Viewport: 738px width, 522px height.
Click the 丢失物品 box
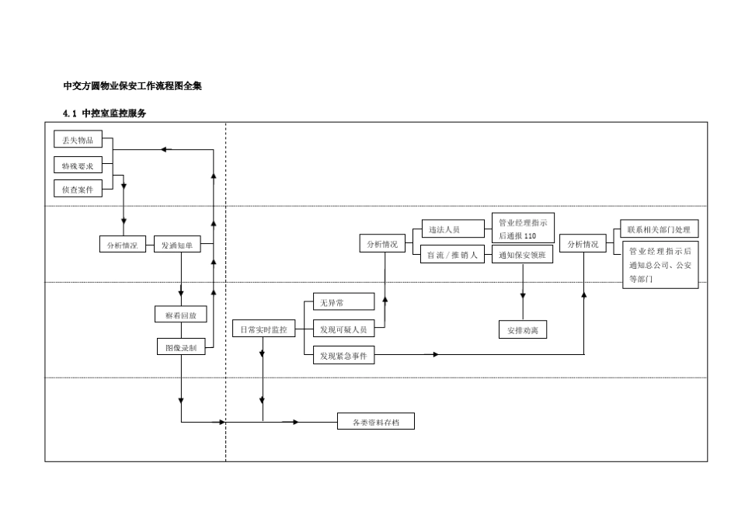pyautogui.click(x=78, y=140)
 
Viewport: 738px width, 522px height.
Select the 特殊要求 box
pyautogui.click(x=78, y=165)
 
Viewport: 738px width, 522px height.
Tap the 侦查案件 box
pyautogui.click(x=78, y=189)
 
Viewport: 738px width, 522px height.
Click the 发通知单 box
pyautogui.click(x=177, y=245)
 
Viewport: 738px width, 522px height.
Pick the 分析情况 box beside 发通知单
pyautogui.click(x=122, y=245)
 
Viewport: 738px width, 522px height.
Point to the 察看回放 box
pyautogui.click(x=181, y=315)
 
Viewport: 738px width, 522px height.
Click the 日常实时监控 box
pyautogui.click(x=263, y=329)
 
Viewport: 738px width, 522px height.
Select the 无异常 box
pyautogui.click(x=343, y=302)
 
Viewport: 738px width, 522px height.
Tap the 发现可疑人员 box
pyautogui.click(x=343, y=329)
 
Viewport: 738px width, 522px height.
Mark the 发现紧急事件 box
pyautogui.click(x=343, y=356)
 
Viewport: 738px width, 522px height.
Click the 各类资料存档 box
pyautogui.click(x=375, y=422)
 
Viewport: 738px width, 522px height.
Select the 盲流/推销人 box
pyautogui.click(x=452, y=255)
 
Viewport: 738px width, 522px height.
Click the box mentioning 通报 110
pyautogui.click(x=522, y=228)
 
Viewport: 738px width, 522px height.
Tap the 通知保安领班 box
pyautogui.click(x=522, y=255)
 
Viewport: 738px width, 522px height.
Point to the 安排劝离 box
pyautogui.click(x=522, y=330)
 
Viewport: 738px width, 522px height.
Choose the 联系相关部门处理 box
pyautogui.click(x=659, y=229)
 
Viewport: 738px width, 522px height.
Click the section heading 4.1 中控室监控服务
pyautogui.click(x=104, y=113)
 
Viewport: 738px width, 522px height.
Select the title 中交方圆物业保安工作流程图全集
pyautogui.click(x=132, y=86)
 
